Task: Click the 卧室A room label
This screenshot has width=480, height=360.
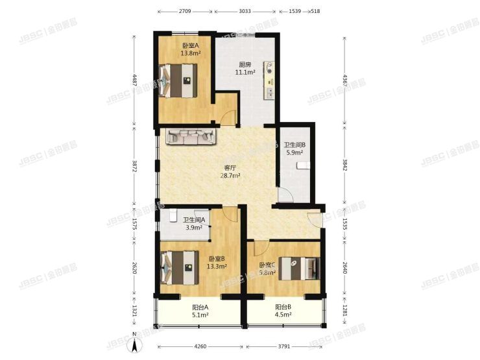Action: click(x=190, y=45)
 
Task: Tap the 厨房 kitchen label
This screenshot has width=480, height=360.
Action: click(x=245, y=65)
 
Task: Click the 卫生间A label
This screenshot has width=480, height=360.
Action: click(x=194, y=220)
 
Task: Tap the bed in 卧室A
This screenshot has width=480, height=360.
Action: click(x=178, y=81)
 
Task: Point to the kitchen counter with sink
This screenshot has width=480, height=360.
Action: click(x=270, y=81)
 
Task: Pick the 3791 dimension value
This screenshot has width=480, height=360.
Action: click(x=282, y=346)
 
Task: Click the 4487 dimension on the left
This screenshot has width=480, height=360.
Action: click(x=134, y=80)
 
